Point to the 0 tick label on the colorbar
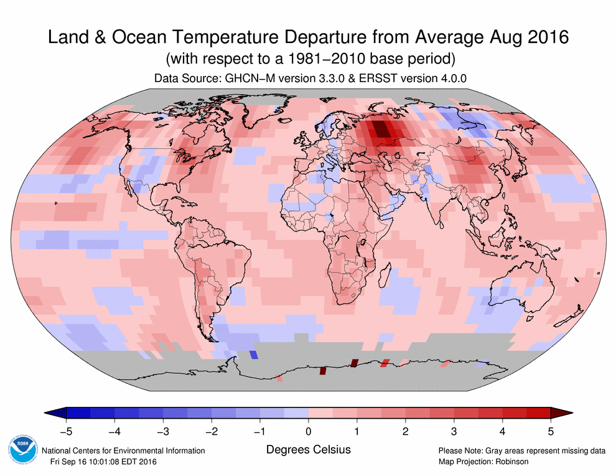pyautogui.click(x=309, y=430)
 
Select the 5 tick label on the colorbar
pyautogui.click(x=551, y=430)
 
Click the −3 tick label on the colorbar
pyautogui.click(x=162, y=430)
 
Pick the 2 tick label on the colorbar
pyautogui.click(x=405, y=430)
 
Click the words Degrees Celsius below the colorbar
pyautogui.click(x=309, y=449)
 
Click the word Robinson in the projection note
pyautogui.click(x=510, y=461)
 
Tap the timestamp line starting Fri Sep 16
pyautogui.click(x=103, y=461)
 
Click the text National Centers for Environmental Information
pyautogui.click(x=123, y=450)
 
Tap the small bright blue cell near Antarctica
pyautogui.click(x=253, y=355)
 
